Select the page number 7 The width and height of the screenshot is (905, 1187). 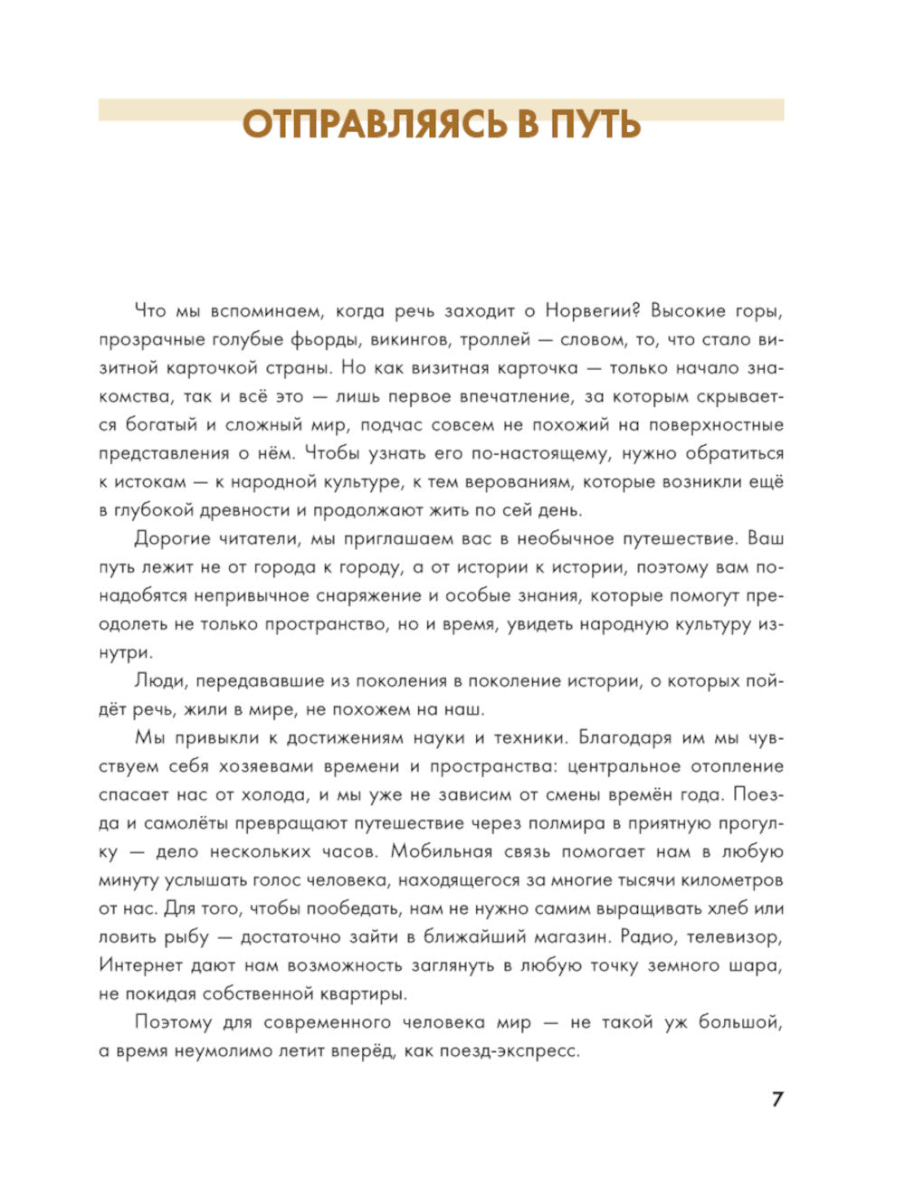tap(776, 1099)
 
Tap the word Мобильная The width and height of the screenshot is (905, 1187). tap(449, 851)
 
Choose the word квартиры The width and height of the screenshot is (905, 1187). tap(362, 993)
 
